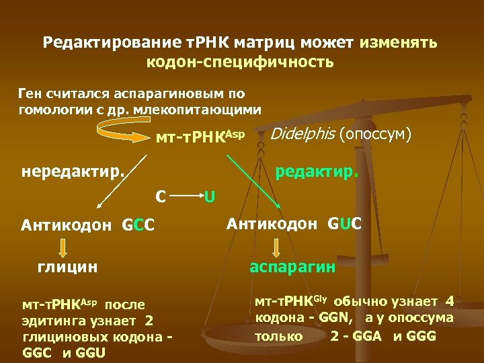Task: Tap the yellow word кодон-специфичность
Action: click(240, 63)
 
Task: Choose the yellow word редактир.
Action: click(317, 173)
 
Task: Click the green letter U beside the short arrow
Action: click(210, 197)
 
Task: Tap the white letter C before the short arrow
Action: click(161, 197)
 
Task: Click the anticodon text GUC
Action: click(344, 223)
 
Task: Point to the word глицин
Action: click(67, 268)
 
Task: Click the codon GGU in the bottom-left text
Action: click(91, 353)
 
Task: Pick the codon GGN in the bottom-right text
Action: click(331, 317)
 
